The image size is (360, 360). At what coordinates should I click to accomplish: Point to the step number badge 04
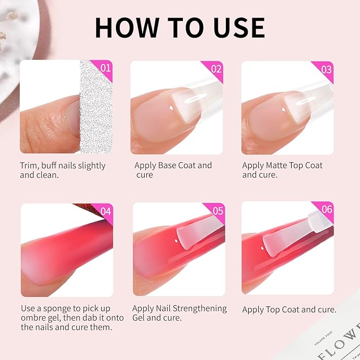click(106, 211)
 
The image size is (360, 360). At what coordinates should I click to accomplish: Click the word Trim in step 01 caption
click(30, 165)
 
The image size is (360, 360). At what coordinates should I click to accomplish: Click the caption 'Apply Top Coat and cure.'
click(289, 310)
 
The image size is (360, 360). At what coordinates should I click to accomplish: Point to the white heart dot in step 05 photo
click(175, 243)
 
